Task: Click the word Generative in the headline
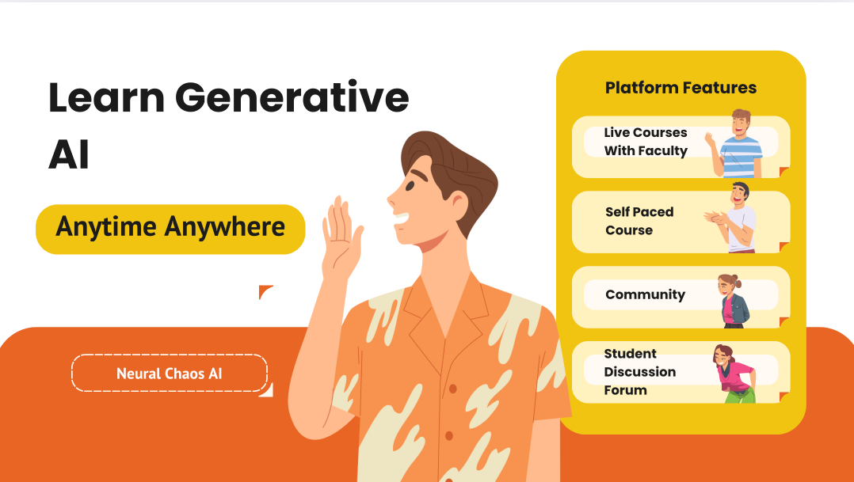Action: click(x=292, y=97)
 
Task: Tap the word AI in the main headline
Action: click(x=69, y=154)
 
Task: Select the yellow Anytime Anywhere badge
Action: click(x=170, y=229)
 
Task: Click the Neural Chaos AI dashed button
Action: click(x=170, y=374)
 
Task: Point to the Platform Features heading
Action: click(x=681, y=88)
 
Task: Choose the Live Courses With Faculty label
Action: click(x=646, y=142)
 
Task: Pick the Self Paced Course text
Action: click(x=639, y=221)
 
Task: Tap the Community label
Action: click(x=646, y=294)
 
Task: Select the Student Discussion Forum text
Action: click(x=640, y=371)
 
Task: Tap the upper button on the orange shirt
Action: click(x=452, y=389)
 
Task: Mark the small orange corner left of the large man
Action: click(x=265, y=291)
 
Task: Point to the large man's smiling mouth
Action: click(x=402, y=218)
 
